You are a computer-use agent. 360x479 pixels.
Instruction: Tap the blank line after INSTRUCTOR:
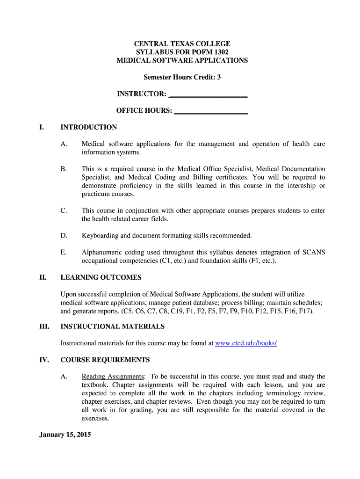(208, 94)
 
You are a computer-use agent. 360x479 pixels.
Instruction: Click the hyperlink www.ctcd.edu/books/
(246, 343)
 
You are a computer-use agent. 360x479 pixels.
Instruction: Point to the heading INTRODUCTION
(89, 127)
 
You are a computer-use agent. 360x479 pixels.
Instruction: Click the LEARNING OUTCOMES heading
(101, 277)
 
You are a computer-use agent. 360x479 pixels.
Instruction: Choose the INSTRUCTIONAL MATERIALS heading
(113, 327)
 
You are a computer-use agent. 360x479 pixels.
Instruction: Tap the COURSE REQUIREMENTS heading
(105, 360)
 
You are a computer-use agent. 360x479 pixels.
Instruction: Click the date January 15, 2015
(65, 435)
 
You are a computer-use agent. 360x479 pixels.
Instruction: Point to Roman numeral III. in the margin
(43, 327)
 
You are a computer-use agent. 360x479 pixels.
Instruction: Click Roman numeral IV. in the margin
(43, 360)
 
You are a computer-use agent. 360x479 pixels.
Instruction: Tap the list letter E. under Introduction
(63, 253)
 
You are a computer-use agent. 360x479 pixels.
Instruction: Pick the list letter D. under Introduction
(64, 236)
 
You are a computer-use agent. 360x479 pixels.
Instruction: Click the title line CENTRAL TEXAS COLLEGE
(182, 44)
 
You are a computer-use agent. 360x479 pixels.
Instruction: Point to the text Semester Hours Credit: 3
(182, 77)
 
